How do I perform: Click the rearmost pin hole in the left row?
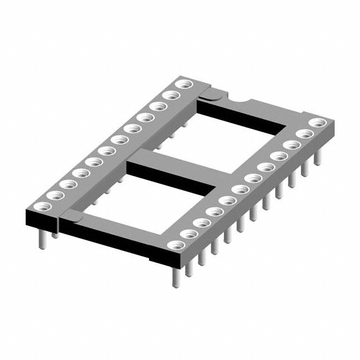coord(183,84)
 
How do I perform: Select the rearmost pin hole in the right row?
coord(317,122)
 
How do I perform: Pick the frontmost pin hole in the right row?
coord(176,245)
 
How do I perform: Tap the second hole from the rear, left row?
coord(170,95)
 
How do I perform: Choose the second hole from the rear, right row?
coord(304,133)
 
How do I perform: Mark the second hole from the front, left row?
coord(52,194)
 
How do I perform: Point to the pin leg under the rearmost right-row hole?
coord(318,157)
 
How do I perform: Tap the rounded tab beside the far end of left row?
coord(206,97)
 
